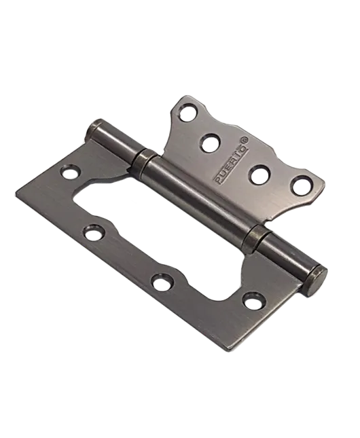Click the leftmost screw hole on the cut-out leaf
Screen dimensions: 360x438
click(70, 172)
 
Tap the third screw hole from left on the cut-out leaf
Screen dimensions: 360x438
click(162, 282)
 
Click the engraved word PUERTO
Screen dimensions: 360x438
click(232, 166)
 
